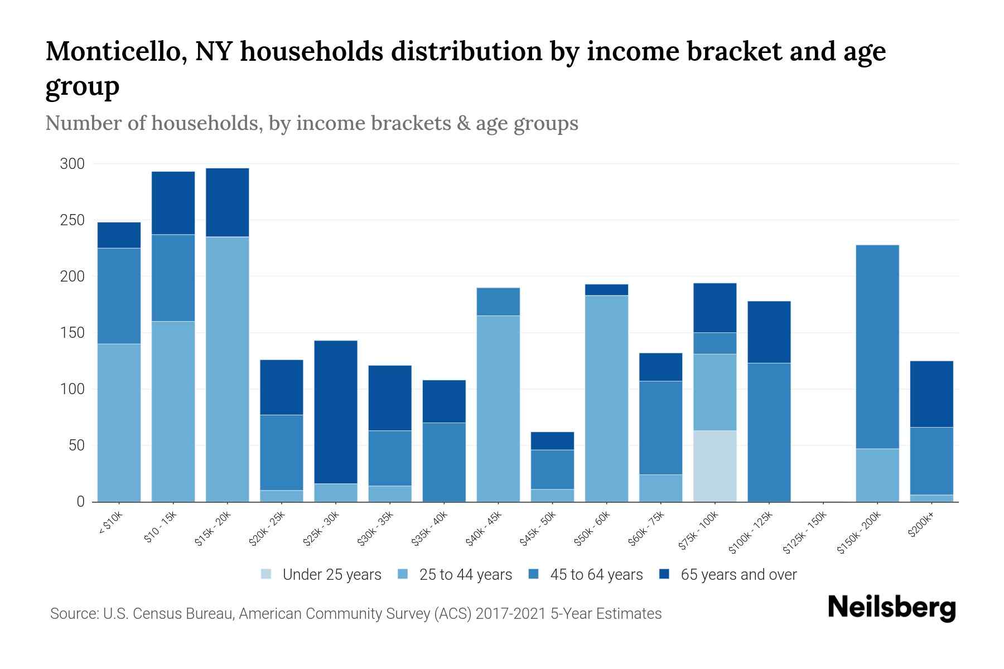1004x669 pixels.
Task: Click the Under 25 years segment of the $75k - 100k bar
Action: tap(715, 466)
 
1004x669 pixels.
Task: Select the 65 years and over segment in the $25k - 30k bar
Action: tap(336, 412)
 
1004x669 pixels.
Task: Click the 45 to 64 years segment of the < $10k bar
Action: tap(119, 296)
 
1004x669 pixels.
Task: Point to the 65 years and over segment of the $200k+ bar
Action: tap(931, 394)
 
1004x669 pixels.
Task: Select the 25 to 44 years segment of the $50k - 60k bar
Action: tap(606, 399)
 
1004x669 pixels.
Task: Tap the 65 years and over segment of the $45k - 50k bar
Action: tap(552, 441)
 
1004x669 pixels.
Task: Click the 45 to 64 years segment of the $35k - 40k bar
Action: tap(444, 462)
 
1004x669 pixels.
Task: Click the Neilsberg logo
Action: tap(891, 608)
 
